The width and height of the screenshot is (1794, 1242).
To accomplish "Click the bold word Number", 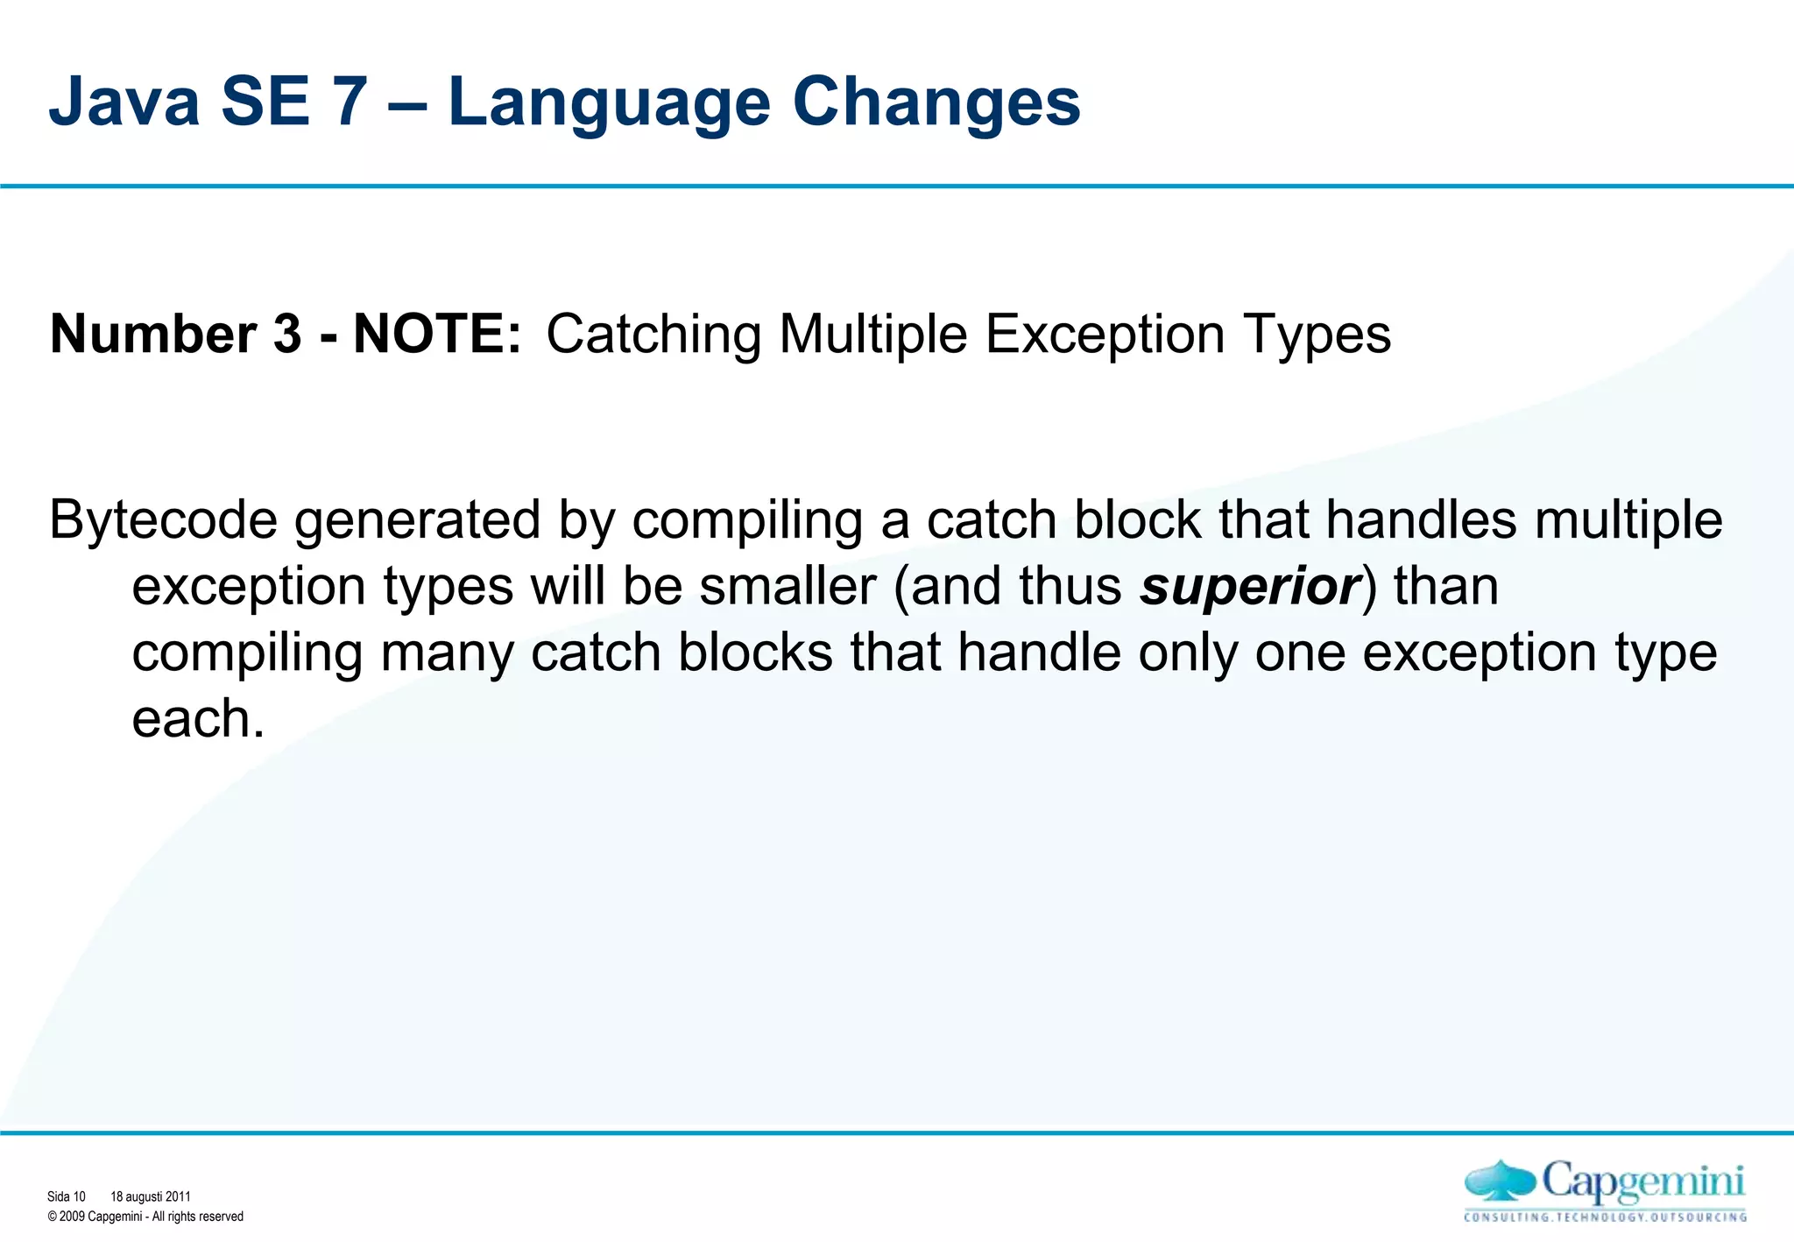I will click(153, 334).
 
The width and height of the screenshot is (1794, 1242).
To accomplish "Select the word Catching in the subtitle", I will click(653, 334).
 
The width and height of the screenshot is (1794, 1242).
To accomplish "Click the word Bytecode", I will click(163, 521).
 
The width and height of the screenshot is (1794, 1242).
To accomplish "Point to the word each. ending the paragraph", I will click(198, 719).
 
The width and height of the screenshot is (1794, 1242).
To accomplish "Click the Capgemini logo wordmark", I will click(1642, 1183).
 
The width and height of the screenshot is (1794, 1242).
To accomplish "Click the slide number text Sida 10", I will click(67, 1196).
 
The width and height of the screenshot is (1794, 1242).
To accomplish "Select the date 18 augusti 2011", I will click(150, 1196).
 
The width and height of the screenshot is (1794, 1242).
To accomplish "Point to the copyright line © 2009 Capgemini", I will click(145, 1217).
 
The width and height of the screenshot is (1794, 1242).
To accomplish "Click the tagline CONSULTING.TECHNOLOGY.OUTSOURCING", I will click(1605, 1217).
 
